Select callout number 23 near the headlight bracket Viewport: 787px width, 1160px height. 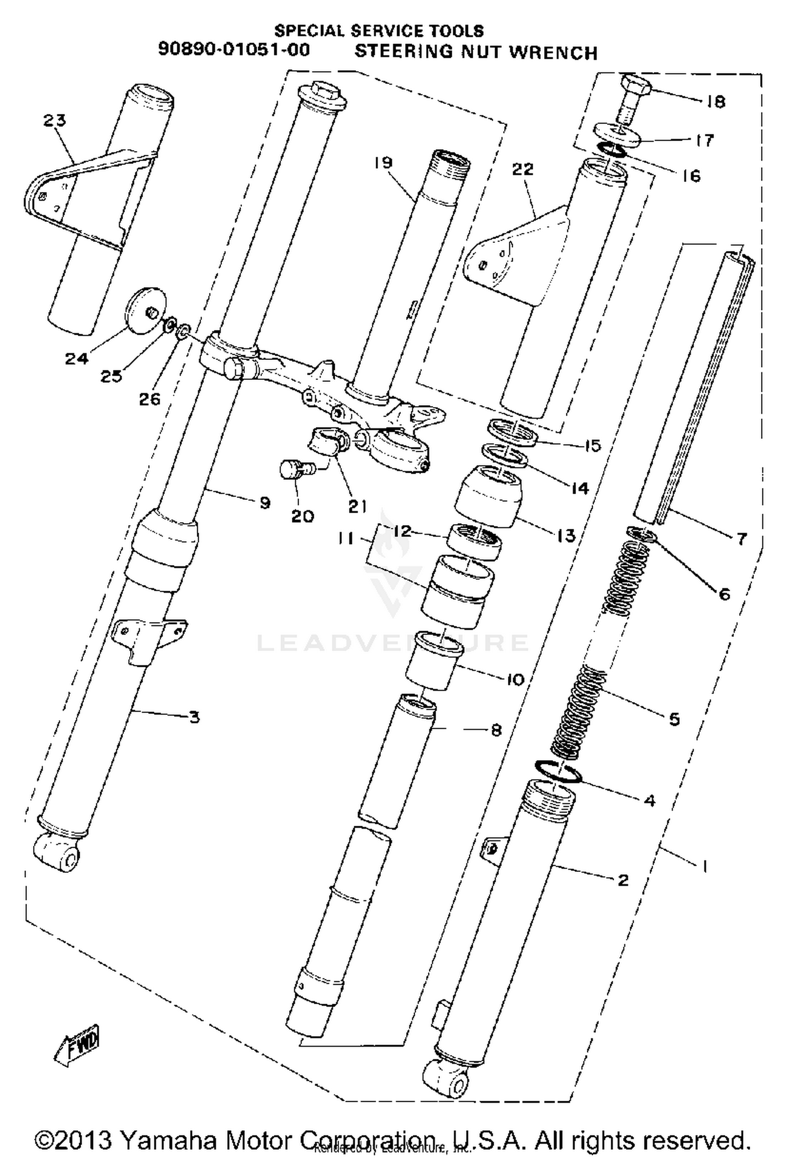pyautogui.click(x=55, y=121)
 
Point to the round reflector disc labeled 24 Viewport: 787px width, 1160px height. pyautogui.click(x=145, y=310)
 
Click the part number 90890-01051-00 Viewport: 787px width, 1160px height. pyautogui.click(x=234, y=50)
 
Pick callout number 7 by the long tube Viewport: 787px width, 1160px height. pyautogui.click(x=741, y=539)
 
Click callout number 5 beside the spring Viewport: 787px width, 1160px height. pyautogui.click(x=674, y=719)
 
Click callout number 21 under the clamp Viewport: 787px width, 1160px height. pyautogui.click(x=357, y=506)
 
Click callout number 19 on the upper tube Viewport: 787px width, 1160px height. pyautogui.click(x=384, y=163)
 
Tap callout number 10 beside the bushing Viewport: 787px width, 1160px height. pyautogui.click(x=515, y=679)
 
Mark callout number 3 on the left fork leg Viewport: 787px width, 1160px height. pyautogui.click(x=195, y=717)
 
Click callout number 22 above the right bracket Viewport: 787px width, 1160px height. pyautogui.click(x=523, y=169)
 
